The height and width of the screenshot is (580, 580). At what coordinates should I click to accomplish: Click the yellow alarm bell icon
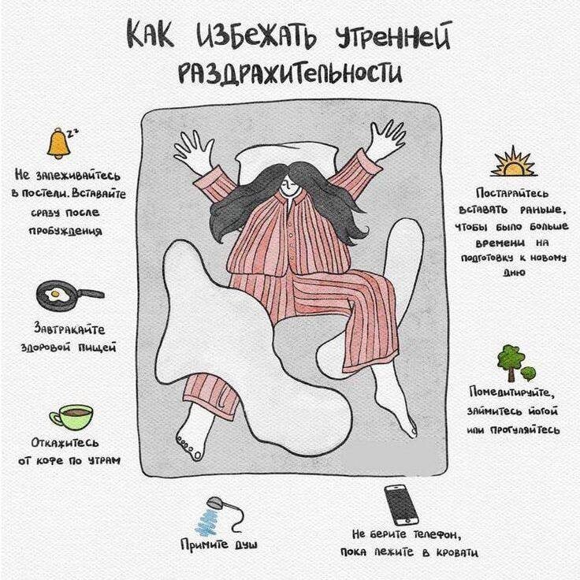tap(58, 143)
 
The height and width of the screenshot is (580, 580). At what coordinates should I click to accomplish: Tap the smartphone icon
tap(401, 505)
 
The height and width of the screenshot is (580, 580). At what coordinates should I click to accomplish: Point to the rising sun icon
tap(513, 162)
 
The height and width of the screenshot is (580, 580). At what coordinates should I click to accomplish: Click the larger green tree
tap(511, 362)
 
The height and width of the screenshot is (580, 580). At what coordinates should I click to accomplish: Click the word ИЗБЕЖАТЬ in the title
tap(256, 35)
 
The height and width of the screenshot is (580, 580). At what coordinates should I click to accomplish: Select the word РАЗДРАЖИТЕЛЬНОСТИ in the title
tap(290, 72)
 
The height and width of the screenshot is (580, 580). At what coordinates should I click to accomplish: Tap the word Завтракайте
tap(69, 329)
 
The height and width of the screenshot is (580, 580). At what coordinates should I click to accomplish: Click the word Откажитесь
tap(65, 442)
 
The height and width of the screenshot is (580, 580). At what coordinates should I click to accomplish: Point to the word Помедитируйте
tap(512, 392)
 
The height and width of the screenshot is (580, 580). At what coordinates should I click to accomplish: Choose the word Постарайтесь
tap(512, 193)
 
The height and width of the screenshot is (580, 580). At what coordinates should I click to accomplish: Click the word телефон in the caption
tap(437, 534)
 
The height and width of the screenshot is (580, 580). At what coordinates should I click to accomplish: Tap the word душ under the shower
tap(245, 545)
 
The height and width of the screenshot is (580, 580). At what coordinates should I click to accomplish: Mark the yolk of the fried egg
tap(55, 294)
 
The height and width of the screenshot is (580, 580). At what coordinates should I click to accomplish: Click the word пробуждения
tap(65, 231)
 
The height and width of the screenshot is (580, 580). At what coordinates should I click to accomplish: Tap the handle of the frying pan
tap(91, 293)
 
